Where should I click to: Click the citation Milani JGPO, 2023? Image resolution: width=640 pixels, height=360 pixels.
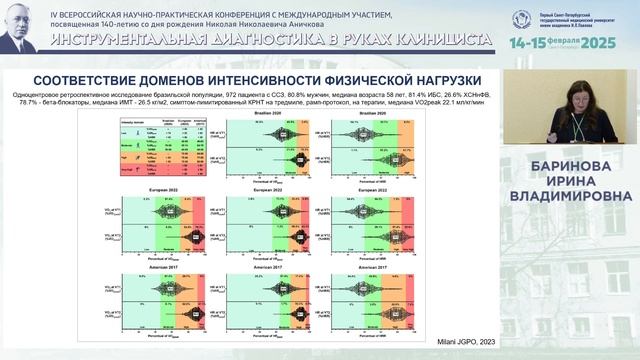(x=465, y=342)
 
